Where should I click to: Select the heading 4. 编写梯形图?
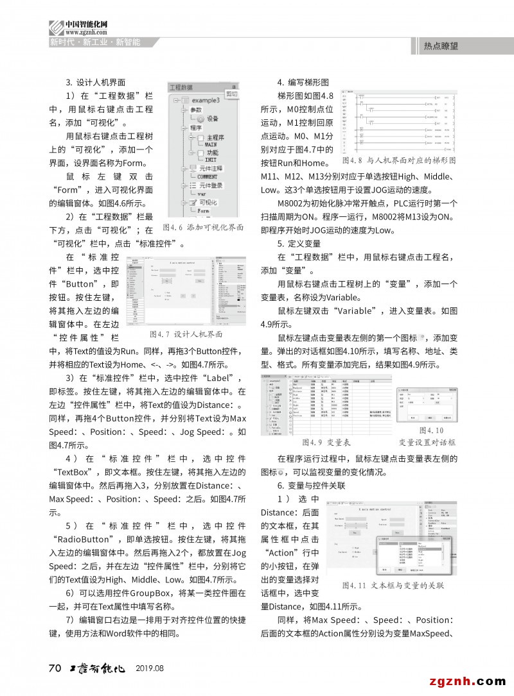pos(303,83)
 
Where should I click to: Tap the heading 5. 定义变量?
pos(299,244)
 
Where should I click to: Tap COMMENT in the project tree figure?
pos(207,176)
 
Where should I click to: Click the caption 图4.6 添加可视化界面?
pos(204,227)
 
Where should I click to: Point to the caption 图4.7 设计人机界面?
pos(185,334)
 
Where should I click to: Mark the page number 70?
pos(55,668)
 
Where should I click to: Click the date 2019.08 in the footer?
pos(150,668)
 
